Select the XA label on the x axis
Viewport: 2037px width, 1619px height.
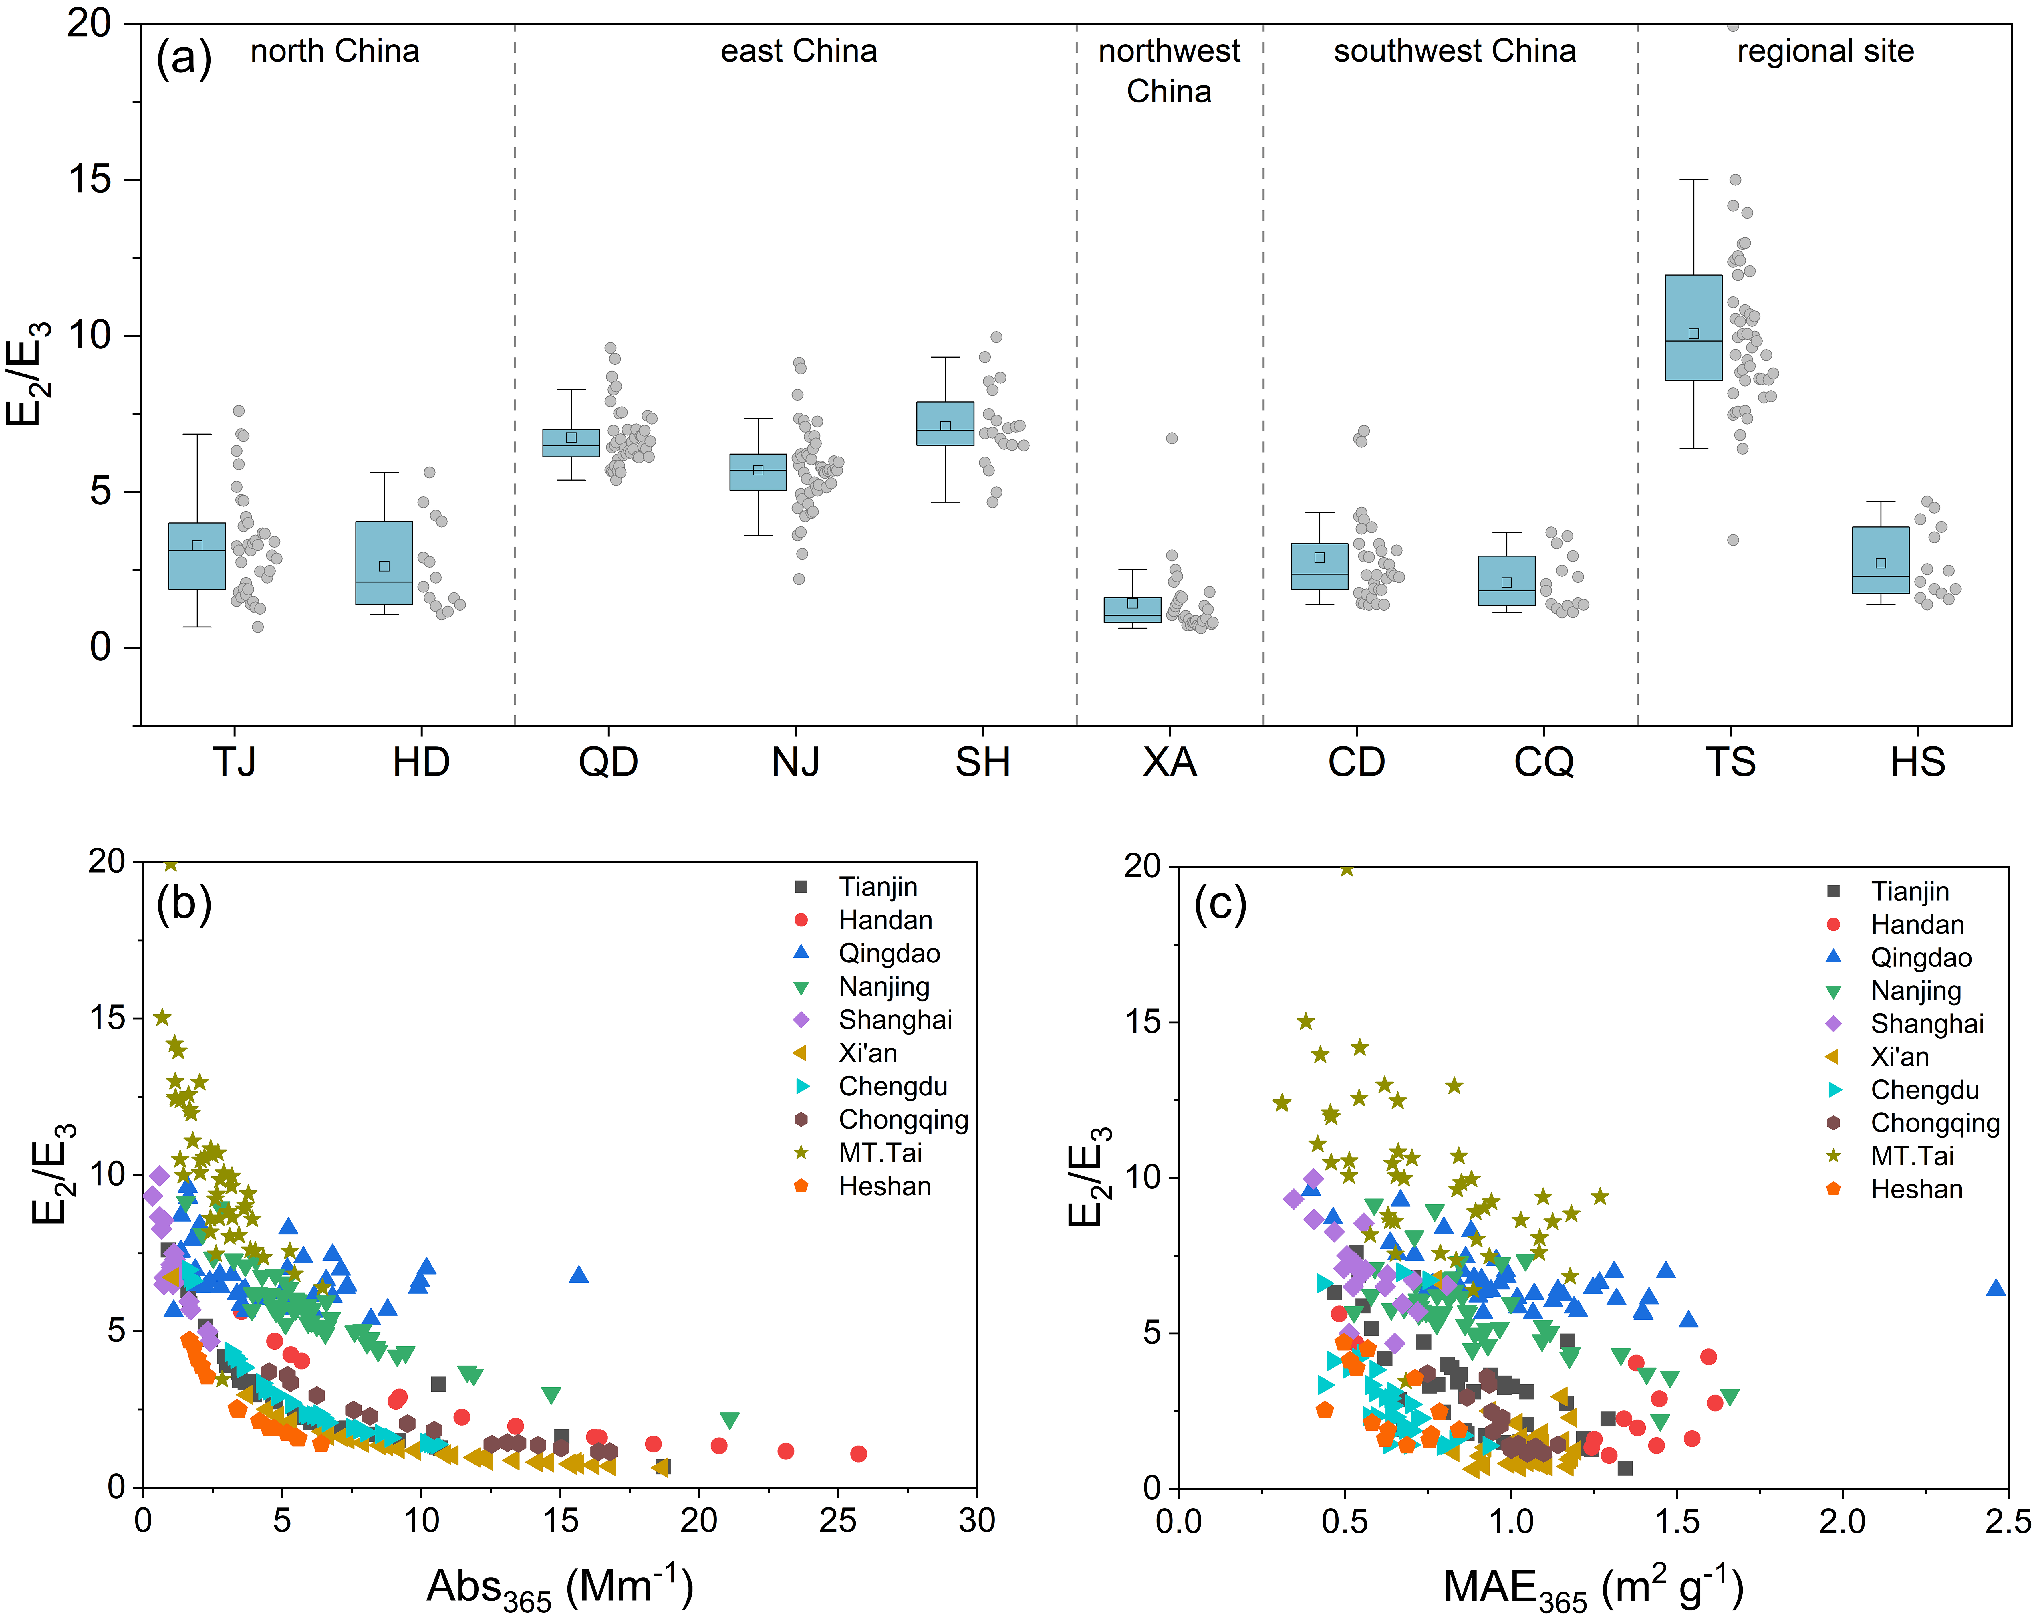pos(1170,762)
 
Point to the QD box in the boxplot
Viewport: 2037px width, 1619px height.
pos(571,442)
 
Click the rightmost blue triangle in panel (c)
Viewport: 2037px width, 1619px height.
pos(1996,1287)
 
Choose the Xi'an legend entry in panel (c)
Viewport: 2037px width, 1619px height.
pos(1899,1057)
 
